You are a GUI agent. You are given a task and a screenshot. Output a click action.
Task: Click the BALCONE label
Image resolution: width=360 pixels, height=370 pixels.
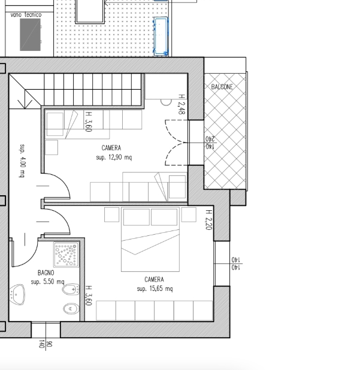tap(222, 87)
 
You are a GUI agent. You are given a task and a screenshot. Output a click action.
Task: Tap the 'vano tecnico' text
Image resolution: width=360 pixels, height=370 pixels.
tap(26, 14)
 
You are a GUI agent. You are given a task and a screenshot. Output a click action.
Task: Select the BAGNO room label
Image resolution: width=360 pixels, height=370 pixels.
tap(46, 273)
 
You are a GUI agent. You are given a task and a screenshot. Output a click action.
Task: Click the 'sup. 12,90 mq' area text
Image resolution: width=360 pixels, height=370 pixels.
tap(114, 157)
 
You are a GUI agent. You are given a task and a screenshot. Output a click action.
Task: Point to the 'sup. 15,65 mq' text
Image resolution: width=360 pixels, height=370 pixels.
tap(155, 289)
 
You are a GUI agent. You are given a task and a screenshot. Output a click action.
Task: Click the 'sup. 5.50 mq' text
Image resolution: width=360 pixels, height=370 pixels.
tap(47, 281)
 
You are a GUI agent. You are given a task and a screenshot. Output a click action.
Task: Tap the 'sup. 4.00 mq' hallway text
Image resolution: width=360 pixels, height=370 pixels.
tap(22, 160)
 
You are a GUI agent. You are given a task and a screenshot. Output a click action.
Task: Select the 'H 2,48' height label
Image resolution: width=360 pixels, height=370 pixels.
tap(181, 104)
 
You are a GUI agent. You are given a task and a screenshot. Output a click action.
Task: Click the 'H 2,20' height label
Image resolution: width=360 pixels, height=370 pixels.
tap(209, 220)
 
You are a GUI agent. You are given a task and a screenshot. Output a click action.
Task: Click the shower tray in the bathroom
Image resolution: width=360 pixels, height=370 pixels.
tap(66, 254)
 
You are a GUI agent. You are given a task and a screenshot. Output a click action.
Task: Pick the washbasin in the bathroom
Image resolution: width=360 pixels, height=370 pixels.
tap(17, 295)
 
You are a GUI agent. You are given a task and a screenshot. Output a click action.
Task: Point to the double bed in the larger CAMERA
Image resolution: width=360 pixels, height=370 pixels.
tap(150, 239)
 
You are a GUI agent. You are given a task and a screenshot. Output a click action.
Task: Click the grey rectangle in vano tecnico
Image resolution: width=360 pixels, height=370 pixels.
tap(30, 35)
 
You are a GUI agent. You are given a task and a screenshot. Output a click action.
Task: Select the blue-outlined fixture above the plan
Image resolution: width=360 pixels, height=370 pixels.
tap(161, 37)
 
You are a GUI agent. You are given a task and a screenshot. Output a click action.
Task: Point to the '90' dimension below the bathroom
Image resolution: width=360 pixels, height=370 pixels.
tap(49, 344)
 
